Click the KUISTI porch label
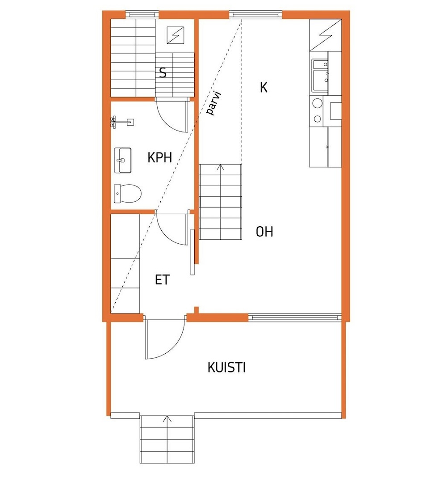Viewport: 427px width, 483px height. click(x=226, y=368)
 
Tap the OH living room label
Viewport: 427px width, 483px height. click(x=264, y=232)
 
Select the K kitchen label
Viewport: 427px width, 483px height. click(x=264, y=87)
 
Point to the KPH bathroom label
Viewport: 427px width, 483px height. click(x=159, y=157)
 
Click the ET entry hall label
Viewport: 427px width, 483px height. click(x=163, y=280)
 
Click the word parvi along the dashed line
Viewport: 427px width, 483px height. click(x=215, y=104)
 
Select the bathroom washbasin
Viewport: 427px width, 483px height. click(x=122, y=160)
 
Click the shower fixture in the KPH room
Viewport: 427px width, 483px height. click(x=121, y=121)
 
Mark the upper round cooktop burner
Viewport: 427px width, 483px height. click(x=317, y=103)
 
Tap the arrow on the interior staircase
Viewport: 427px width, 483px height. click(x=221, y=168)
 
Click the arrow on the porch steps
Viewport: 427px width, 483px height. click(x=167, y=419)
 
